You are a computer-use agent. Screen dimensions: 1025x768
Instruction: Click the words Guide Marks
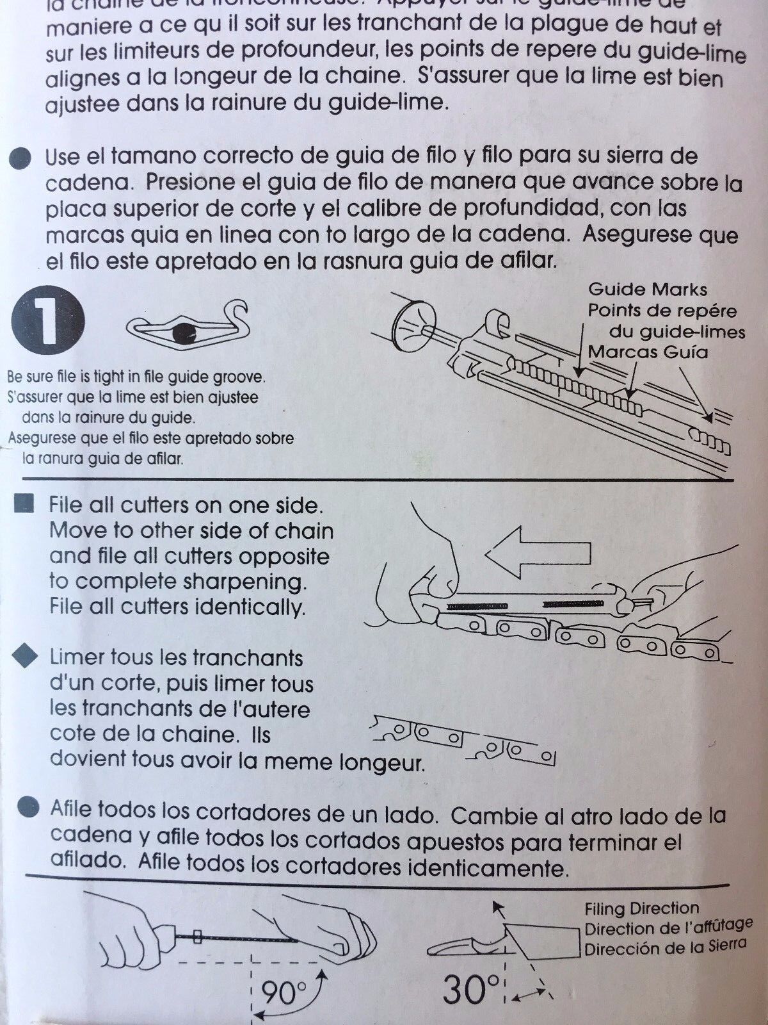pyautogui.click(x=647, y=290)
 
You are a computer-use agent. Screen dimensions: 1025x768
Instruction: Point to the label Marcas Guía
pyautogui.click(x=647, y=352)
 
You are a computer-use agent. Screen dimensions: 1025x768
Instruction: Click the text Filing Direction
pyautogui.click(x=641, y=908)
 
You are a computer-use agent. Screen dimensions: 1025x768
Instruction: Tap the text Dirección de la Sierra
pyautogui.click(x=664, y=947)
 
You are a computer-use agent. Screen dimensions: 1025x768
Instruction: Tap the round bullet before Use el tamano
pyautogui.click(x=22, y=158)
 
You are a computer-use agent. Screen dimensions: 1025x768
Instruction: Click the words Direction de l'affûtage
pyautogui.click(x=667, y=928)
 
